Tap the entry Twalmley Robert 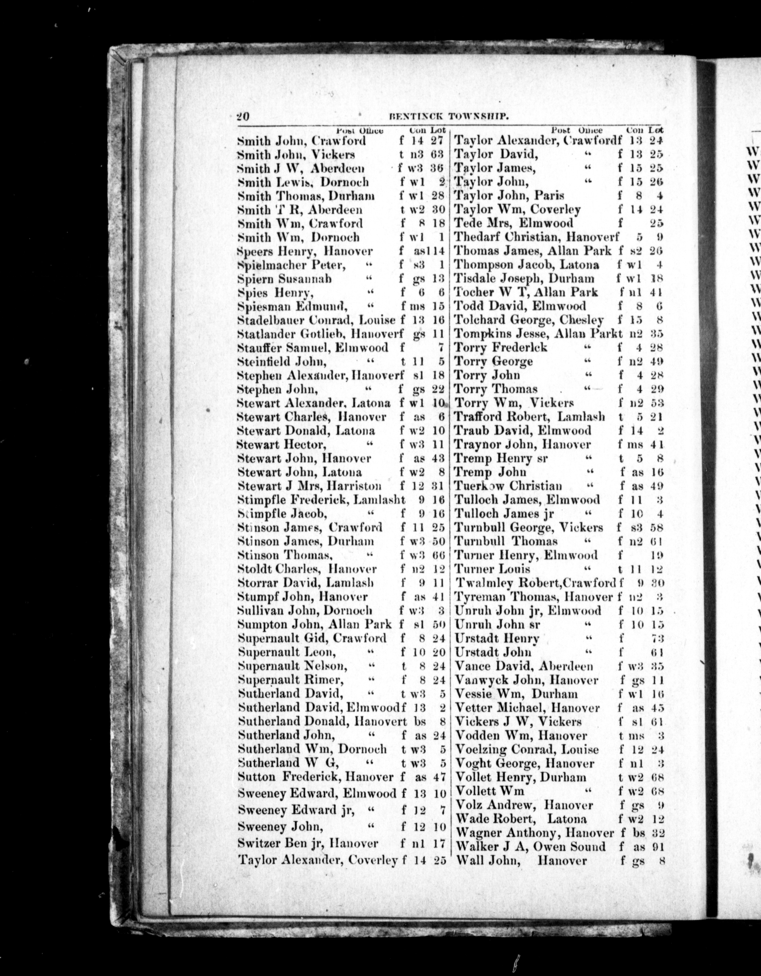[x=507, y=583]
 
